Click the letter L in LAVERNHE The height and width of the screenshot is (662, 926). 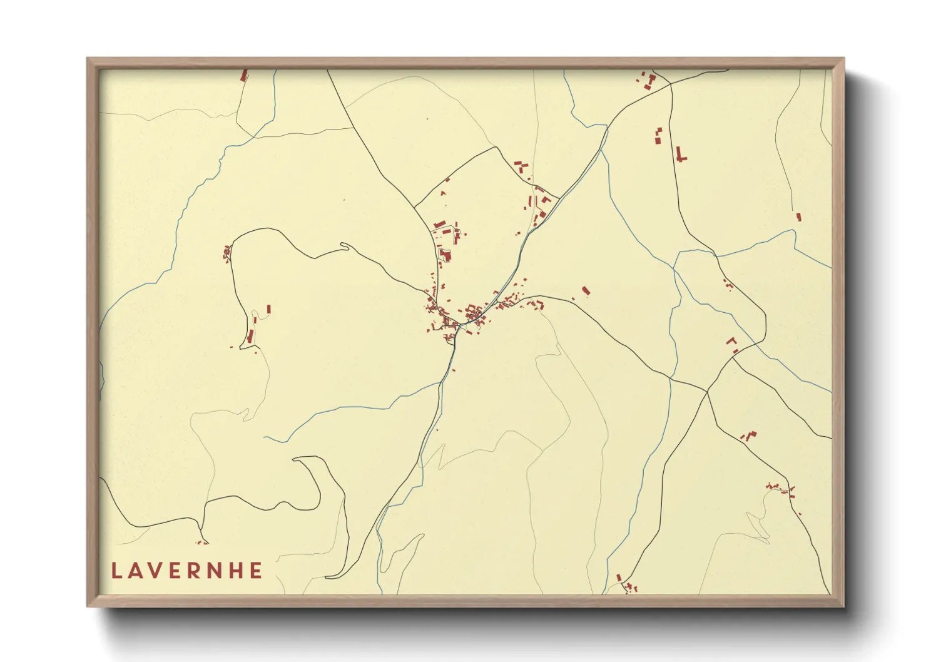[x=116, y=571]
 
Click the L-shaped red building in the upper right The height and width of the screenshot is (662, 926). [x=680, y=155]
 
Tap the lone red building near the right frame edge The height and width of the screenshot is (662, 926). [x=798, y=217]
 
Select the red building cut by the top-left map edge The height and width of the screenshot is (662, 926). [x=244, y=76]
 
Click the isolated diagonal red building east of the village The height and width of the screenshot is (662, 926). [x=586, y=290]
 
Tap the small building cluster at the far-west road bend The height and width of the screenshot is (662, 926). [x=227, y=253]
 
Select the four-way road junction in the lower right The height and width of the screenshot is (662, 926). [x=707, y=392]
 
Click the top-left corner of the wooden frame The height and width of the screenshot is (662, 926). [x=88, y=59]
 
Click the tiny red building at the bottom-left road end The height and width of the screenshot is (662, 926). [x=201, y=542]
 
